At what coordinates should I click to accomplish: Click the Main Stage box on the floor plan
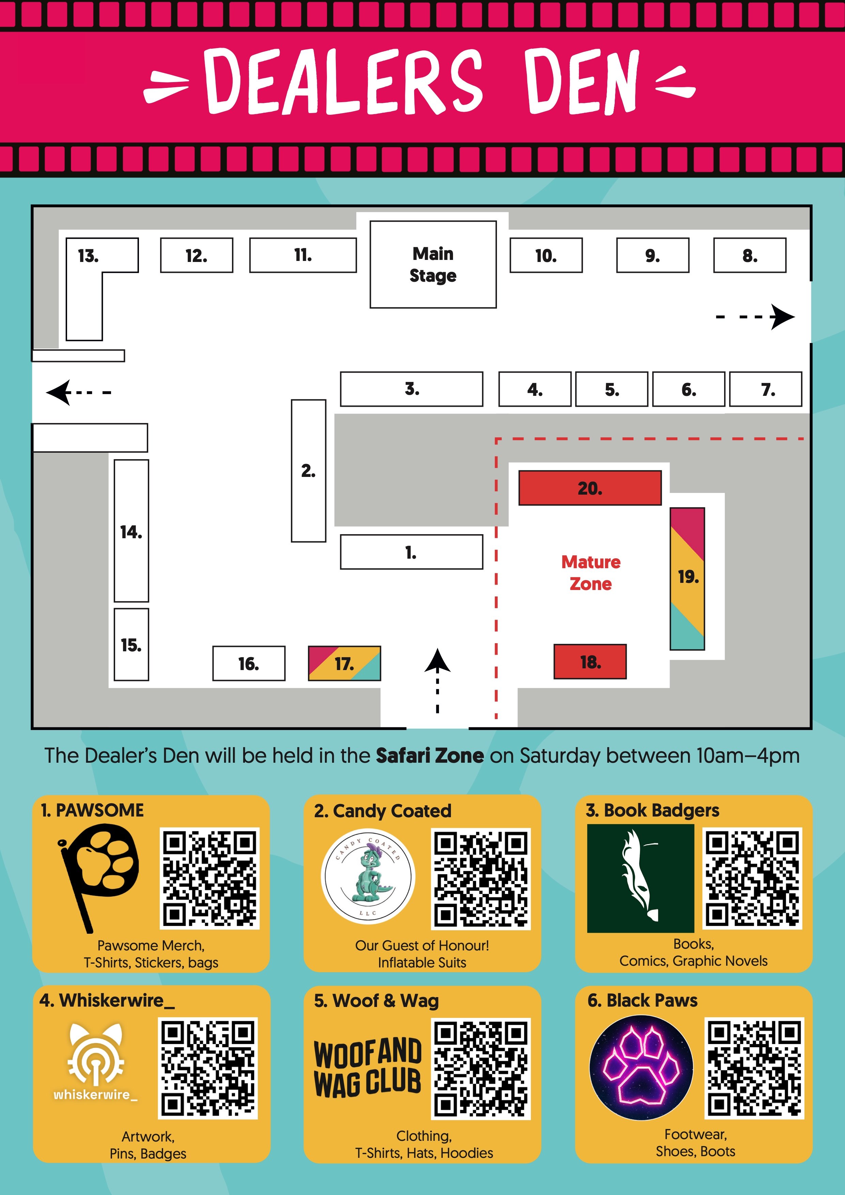[433, 264]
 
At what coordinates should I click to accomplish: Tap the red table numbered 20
[590, 488]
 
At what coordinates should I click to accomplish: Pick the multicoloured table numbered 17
[344, 663]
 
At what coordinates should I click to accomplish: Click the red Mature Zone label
[591, 573]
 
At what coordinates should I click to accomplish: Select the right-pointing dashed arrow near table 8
[755, 316]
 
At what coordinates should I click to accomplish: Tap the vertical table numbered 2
[309, 470]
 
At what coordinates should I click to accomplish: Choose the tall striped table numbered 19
[687, 578]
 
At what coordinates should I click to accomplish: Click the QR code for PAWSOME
[209, 879]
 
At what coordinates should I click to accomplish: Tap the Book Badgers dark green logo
[641, 879]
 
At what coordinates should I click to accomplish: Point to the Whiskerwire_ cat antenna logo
[96, 1062]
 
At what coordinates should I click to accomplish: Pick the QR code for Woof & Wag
[481, 1069]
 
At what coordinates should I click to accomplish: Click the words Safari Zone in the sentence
[430, 755]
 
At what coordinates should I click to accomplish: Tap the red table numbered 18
[590, 662]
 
